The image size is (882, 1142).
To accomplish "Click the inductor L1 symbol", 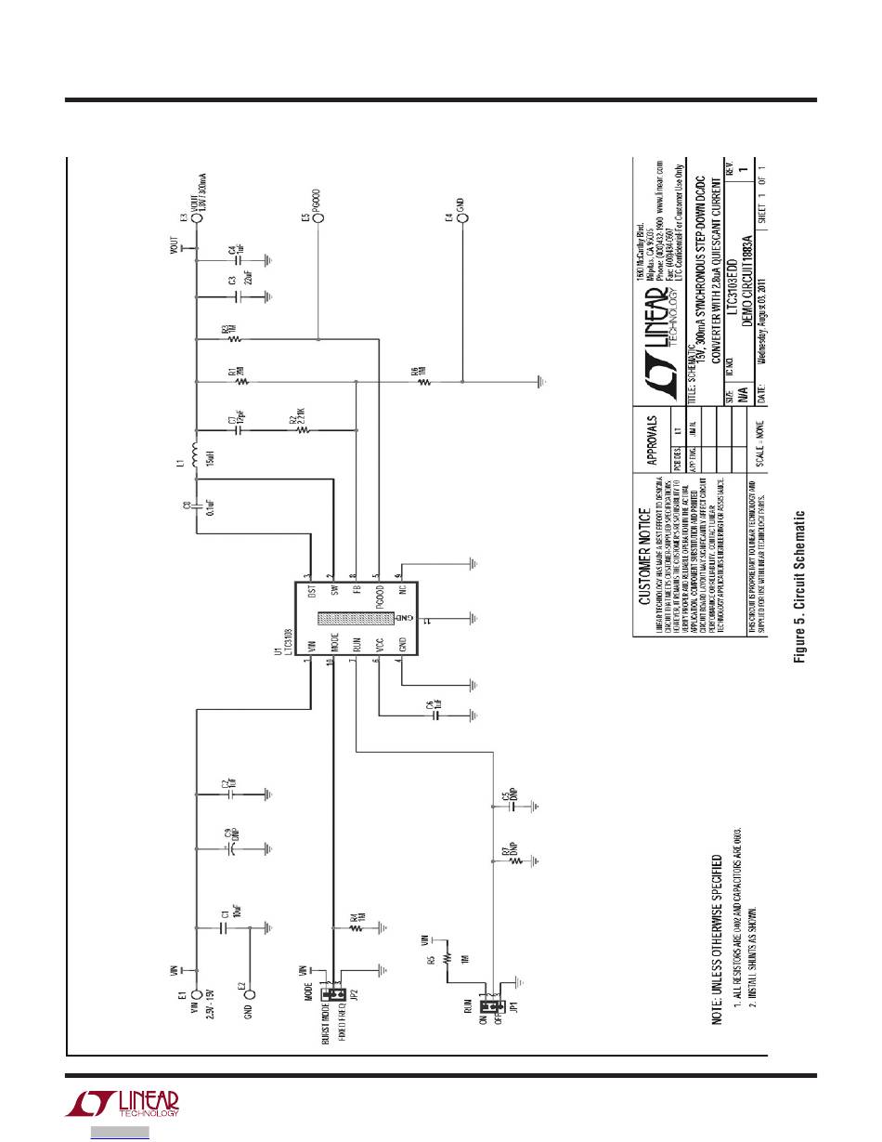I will tap(195, 455).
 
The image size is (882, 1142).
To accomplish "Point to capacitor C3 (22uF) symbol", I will tap(238, 296).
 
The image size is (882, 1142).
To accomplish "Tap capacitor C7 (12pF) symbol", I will tap(238, 431).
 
